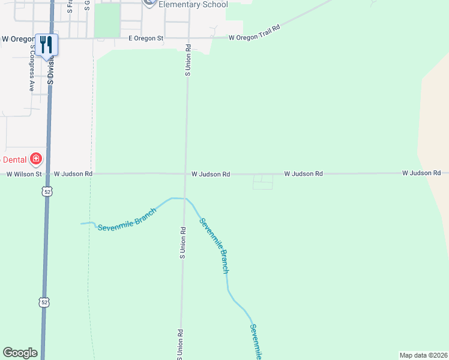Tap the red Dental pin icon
click(36, 159)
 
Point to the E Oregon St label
click(146, 38)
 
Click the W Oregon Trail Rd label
click(255, 33)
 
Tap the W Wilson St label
click(24, 174)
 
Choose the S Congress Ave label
click(32, 76)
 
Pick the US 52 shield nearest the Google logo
click(44, 302)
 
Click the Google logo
click(20, 353)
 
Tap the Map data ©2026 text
click(423, 355)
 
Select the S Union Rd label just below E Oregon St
click(188, 60)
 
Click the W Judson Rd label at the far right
click(421, 173)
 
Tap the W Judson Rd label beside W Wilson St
click(73, 173)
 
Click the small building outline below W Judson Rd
click(262, 182)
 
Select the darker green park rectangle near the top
click(106, 20)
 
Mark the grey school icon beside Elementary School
click(150, 2)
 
